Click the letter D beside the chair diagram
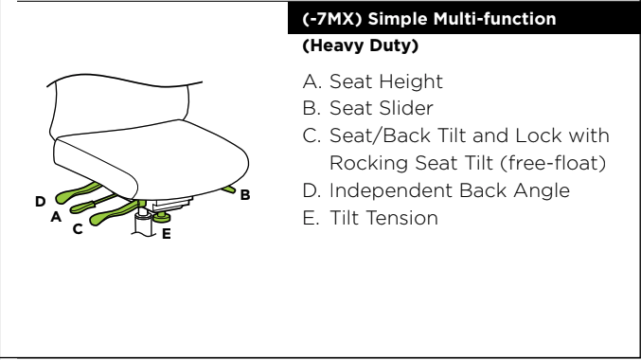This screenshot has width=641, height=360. (x=40, y=201)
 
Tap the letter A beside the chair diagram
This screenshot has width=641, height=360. (x=56, y=216)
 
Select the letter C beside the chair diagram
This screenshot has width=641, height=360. (x=78, y=229)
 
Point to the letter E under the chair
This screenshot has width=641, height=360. (x=166, y=234)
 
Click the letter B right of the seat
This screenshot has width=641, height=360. (x=245, y=195)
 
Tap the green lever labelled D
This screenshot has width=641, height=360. (x=78, y=193)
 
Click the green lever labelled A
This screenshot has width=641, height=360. (x=92, y=204)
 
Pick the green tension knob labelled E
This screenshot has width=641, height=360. (x=162, y=217)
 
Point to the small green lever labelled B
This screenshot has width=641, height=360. (x=228, y=189)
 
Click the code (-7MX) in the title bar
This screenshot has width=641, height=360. (x=332, y=19)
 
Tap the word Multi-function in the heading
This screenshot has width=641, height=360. (x=494, y=19)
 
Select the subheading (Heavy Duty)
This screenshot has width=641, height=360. (x=360, y=45)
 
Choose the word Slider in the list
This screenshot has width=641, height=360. (x=407, y=108)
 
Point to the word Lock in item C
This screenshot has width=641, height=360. (x=539, y=135)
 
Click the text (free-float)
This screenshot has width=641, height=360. (x=553, y=163)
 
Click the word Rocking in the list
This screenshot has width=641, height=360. (x=369, y=163)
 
